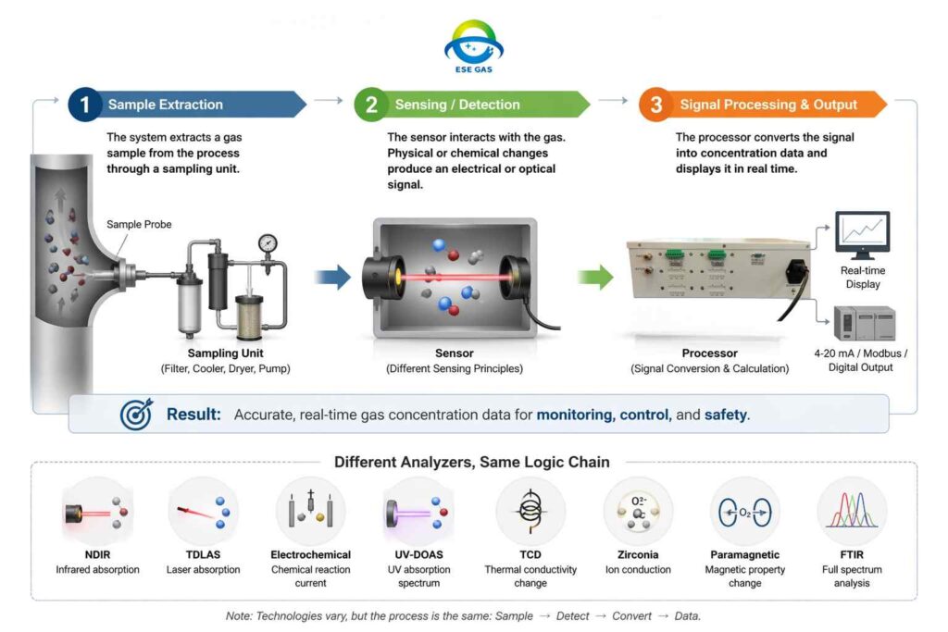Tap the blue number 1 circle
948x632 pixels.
point(84,105)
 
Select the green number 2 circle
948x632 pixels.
point(371,105)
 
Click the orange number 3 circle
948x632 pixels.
point(656,105)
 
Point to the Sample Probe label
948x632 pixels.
point(138,224)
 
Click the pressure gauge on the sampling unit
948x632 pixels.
point(268,243)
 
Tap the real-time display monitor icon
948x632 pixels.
point(861,235)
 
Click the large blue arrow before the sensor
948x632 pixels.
point(331,276)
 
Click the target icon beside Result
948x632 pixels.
point(136,415)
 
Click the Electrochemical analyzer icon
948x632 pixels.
point(311,512)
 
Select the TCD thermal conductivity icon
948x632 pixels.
point(530,512)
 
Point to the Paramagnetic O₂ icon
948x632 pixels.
point(744,512)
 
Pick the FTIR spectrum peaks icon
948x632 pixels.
point(851,512)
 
